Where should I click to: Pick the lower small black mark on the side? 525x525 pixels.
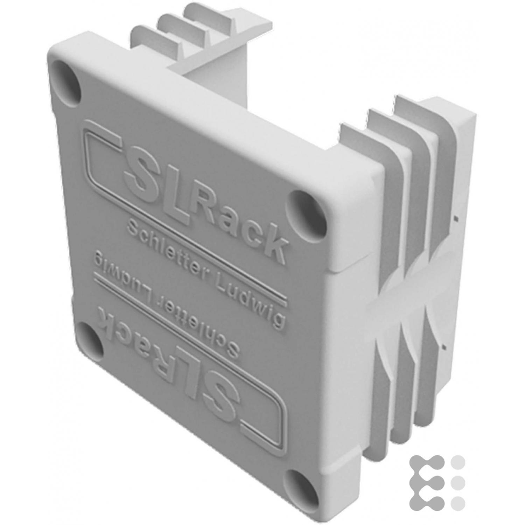point(443,347)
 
